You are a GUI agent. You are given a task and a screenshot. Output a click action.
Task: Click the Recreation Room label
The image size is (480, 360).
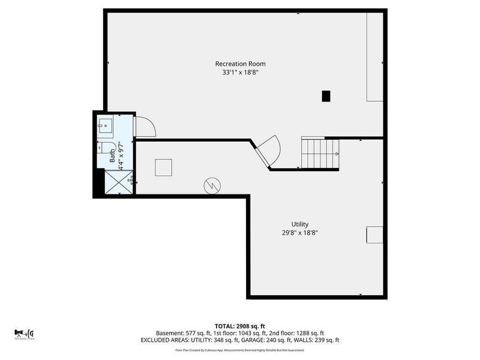click(x=240, y=64)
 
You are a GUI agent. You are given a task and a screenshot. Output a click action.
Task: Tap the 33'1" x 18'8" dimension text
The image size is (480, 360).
click(x=240, y=73)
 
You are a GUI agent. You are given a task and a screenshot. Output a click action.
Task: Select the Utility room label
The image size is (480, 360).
click(x=300, y=224)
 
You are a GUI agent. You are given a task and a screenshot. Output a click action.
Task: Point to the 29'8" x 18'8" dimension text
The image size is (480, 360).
click(x=300, y=233)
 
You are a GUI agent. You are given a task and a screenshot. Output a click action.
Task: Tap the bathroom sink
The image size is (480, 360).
click(x=106, y=125)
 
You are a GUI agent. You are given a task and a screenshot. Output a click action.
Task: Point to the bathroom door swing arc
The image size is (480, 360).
click(x=145, y=127)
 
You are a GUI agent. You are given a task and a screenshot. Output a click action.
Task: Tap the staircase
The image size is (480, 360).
click(x=320, y=153)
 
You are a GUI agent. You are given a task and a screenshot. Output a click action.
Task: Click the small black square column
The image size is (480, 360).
click(x=326, y=95)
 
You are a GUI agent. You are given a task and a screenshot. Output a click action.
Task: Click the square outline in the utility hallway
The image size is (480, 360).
click(x=164, y=167)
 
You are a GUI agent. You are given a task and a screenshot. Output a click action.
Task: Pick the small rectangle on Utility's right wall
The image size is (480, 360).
click(x=374, y=235)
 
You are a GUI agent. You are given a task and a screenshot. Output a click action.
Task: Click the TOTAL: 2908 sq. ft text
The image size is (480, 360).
click(x=240, y=325)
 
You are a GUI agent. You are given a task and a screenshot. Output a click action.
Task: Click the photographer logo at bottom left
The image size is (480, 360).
click(x=24, y=333)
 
